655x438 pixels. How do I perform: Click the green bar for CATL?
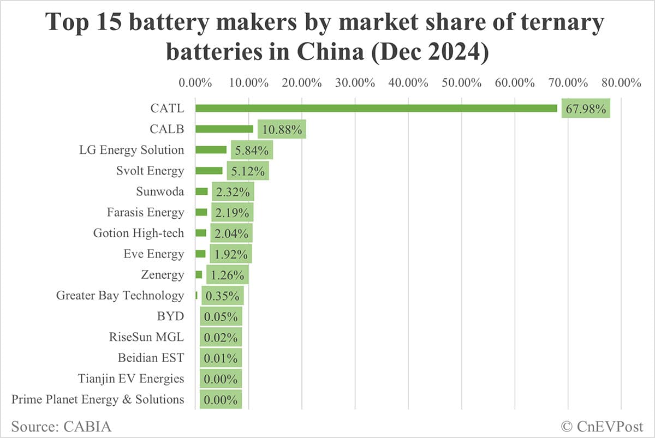(x=376, y=108)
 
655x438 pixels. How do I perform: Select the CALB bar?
(x=224, y=129)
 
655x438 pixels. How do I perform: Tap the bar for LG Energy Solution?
(x=211, y=150)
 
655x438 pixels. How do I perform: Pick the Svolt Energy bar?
(x=209, y=171)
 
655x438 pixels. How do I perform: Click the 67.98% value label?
(x=586, y=109)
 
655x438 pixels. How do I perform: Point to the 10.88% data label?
(x=282, y=130)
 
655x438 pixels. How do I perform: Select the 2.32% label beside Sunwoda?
(x=233, y=192)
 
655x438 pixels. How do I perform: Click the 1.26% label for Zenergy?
(x=228, y=275)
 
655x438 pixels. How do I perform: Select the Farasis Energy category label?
(x=146, y=212)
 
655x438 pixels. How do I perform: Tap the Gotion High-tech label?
(x=139, y=233)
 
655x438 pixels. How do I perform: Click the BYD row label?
(x=170, y=316)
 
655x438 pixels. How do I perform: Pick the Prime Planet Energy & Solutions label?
(x=98, y=399)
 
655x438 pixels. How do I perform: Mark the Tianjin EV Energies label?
(x=131, y=378)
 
